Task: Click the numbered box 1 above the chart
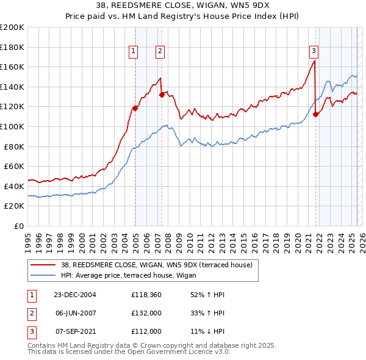[x=132, y=51]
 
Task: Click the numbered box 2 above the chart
[x=160, y=51]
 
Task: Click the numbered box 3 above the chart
[x=313, y=51]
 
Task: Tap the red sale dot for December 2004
[x=135, y=108]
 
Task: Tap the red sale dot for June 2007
[x=162, y=95]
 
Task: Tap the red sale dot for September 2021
[x=315, y=114]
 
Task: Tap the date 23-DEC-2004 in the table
[x=75, y=295]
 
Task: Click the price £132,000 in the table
[x=146, y=313]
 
